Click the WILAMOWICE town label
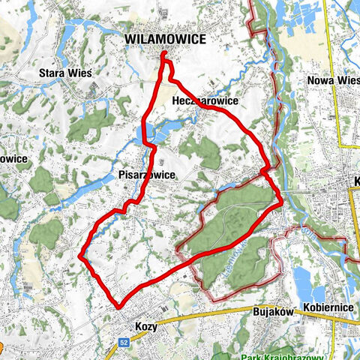pos(164,38)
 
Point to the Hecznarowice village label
pos(205,100)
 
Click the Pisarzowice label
pos(147,174)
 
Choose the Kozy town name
pos(147,327)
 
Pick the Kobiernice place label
pos(328,308)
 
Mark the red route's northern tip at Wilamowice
pos(164,54)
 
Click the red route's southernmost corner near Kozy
pos(118,305)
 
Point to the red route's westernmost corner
pos(80,256)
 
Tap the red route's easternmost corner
pos(280,201)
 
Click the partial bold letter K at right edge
pos(355,182)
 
